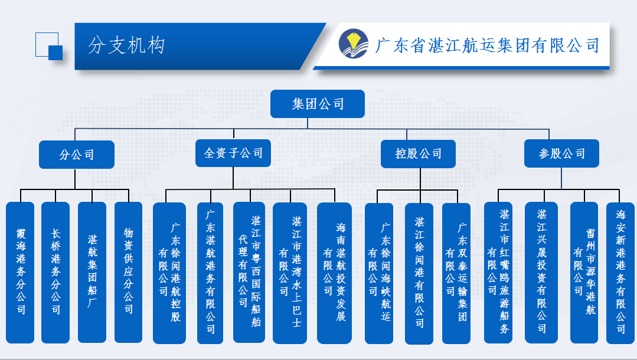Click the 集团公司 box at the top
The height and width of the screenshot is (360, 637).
pyautogui.click(x=318, y=104)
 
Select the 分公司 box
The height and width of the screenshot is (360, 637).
pyautogui.click(x=76, y=155)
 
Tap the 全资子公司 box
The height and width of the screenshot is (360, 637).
pyautogui.click(x=233, y=153)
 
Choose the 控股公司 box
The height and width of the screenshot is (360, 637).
pyautogui.click(x=419, y=154)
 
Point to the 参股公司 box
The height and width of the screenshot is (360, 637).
pyautogui.click(x=561, y=154)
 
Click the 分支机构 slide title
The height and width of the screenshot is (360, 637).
pyautogui.click(x=126, y=45)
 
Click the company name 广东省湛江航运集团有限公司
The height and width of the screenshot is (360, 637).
pyautogui.click(x=487, y=45)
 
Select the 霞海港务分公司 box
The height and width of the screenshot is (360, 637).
pyautogui.click(x=22, y=272)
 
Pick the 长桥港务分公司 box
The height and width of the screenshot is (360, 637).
pyautogui.click(x=55, y=272)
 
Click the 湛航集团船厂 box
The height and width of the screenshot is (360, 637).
pyautogui.click(x=92, y=272)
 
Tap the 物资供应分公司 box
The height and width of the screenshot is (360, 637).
pyautogui.click(x=128, y=272)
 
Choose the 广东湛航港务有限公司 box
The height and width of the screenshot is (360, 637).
pyautogui.click(x=210, y=273)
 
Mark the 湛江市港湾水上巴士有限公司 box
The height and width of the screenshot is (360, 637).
pyautogui.click(x=290, y=273)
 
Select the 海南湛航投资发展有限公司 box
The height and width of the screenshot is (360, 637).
pyautogui.click(x=334, y=273)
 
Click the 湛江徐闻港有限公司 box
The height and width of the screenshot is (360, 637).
pyautogui.click(x=419, y=273)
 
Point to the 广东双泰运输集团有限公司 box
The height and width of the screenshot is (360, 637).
pyautogui.click(x=456, y=273)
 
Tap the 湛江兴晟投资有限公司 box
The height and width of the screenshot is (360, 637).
pyautogui.click(x=541, y=272)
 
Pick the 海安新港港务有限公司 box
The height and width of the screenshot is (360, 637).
pyautogui.click(x=620, y=272)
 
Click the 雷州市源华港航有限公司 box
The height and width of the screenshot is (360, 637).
pyautogui.click(x=584, y=272)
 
